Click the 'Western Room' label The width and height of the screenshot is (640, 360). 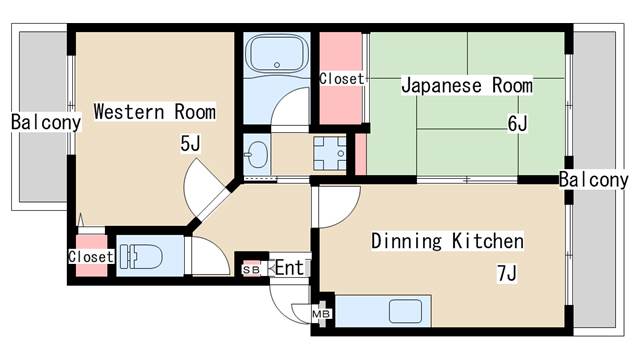[x=154, y=111]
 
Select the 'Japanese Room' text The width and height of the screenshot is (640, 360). [x=466, y=85]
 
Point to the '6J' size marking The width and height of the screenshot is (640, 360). [x=517, y=124]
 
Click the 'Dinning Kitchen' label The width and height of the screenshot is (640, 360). [x=447, y=241]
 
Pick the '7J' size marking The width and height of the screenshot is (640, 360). [x=507, y=273]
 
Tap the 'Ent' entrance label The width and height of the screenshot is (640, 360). [x=289, y=267]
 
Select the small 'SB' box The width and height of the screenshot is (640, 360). [x=251, y=269]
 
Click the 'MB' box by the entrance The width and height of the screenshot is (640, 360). [x=322, y=313]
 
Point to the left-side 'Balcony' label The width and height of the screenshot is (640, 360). [x=45, y=122]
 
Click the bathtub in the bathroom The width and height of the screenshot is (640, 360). [x=275, y=55]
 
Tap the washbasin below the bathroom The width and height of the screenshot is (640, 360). [x=257, y=155]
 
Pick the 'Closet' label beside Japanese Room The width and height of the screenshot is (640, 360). [x=342, y=78]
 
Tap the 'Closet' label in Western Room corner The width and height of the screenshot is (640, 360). [x=91, y=256]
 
